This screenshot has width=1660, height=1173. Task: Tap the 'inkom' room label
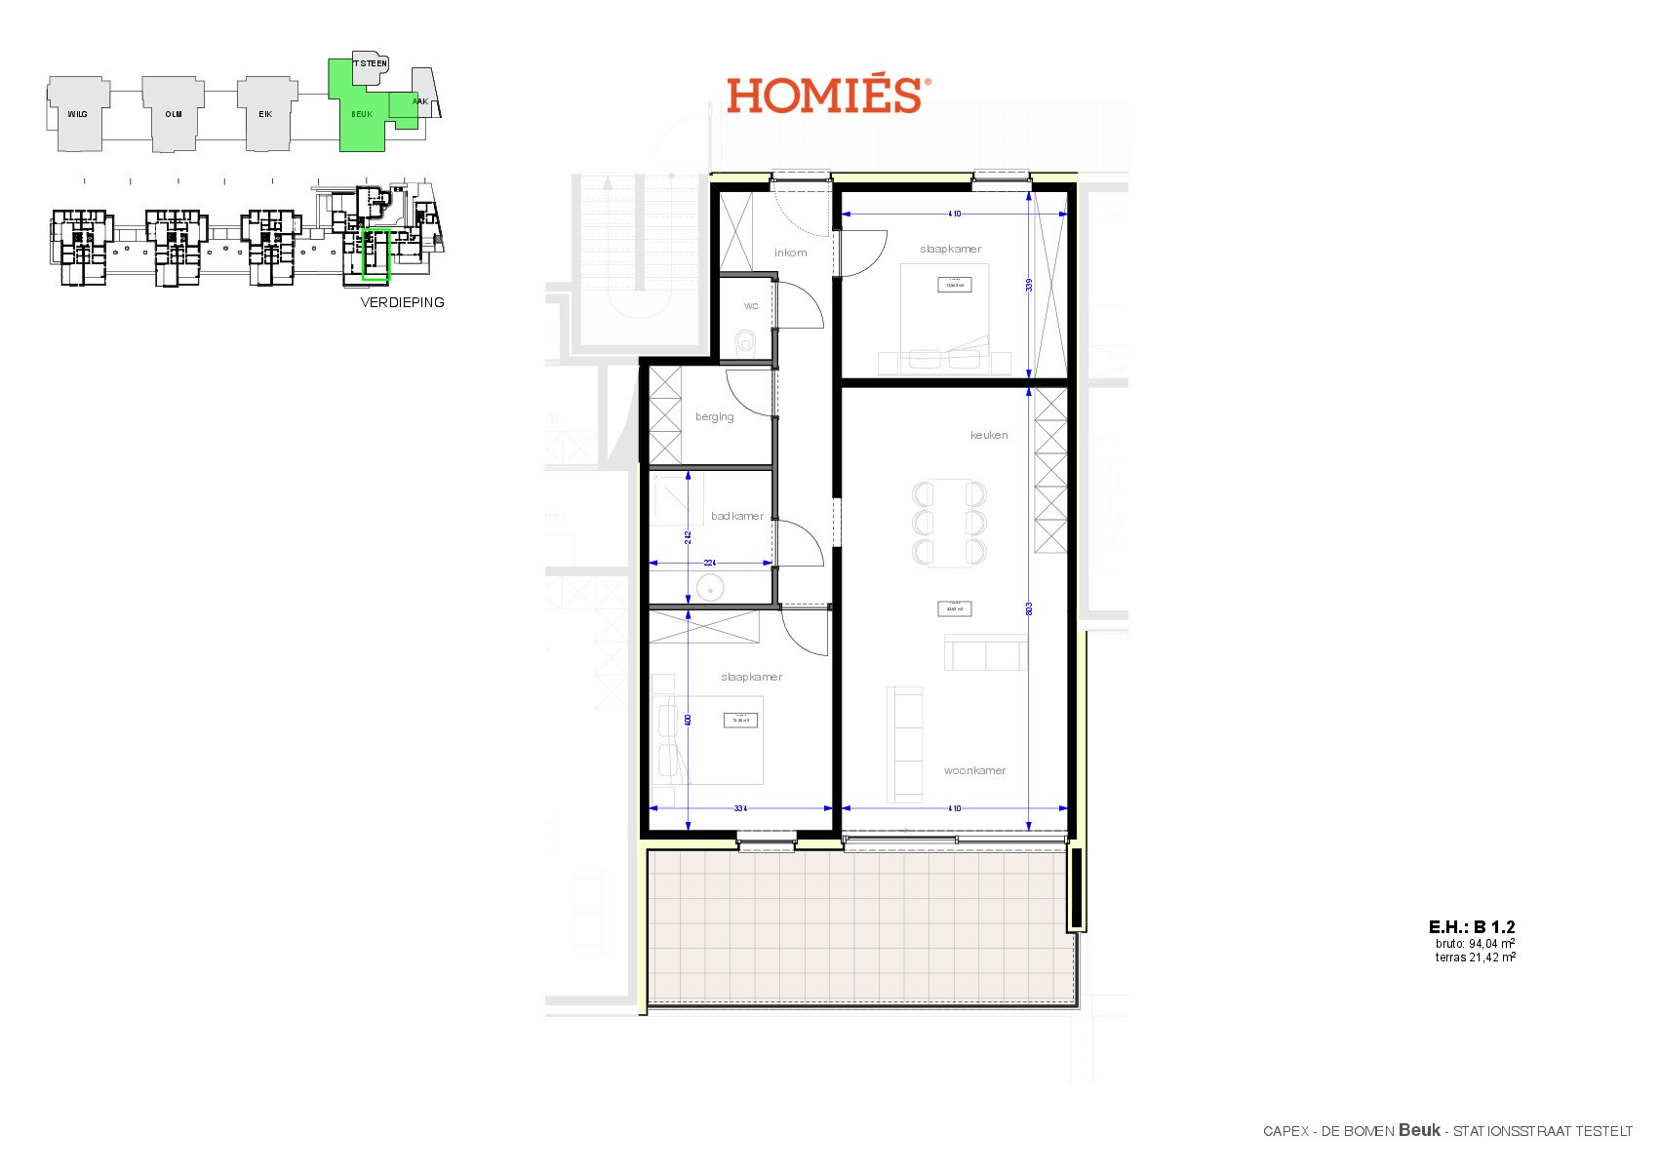(x=790, y=253)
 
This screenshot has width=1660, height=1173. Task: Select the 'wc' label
(x=751, y=306)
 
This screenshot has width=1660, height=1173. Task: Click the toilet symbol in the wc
(x=747, y=343)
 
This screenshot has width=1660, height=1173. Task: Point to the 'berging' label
(x=714, y=417)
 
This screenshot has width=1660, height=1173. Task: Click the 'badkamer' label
(x=736, y=517)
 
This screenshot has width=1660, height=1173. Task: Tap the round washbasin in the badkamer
(x=709, y=588)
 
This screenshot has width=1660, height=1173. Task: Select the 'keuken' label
(x=989, y=435)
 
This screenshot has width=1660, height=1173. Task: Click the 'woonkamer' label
(x=974, y=770)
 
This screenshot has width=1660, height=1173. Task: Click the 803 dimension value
(x=1029, y=608)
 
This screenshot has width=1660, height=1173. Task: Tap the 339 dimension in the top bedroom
(x=1029, y=286)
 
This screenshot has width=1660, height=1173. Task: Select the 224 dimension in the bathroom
(x=711, y=563)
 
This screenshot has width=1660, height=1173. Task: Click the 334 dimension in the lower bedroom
(x=740, y=808)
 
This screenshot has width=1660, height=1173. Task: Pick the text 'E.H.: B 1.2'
(x=1472, y=927)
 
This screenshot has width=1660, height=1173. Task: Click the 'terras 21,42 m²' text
(x=1475, y=958)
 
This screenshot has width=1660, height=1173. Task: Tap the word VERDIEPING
(x=402, y=302)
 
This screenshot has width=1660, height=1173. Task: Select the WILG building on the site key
(x=77, y=114)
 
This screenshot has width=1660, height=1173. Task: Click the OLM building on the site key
(x=173, y=114)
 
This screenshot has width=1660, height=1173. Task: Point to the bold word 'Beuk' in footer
(x=1419, y=1130)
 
